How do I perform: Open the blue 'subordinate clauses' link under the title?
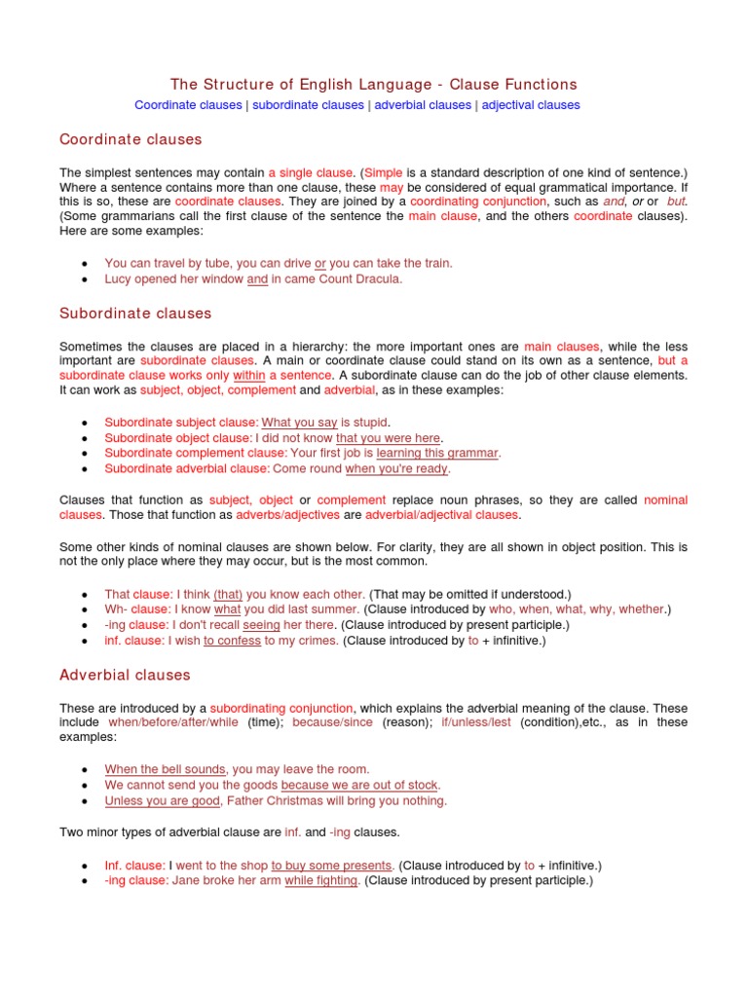tap(308, 105)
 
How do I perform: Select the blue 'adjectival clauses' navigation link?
tap(531, 105)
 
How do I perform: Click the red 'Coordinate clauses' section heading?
tap(131, 139)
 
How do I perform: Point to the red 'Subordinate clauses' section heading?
tap(135, 314)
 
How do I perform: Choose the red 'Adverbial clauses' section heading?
tap(125, 675)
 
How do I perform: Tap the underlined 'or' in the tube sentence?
tap(320, 263)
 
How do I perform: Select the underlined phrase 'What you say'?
tap(299, 422)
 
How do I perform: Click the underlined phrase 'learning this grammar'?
tap(437, 453)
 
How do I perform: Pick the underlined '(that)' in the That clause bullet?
tap(228, 594)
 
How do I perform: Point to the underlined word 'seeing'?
tap(261, 625)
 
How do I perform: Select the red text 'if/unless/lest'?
tap(475, 722)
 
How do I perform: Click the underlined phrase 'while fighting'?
tap(322, 880)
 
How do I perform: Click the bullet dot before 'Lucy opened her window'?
tap(86, 279)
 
